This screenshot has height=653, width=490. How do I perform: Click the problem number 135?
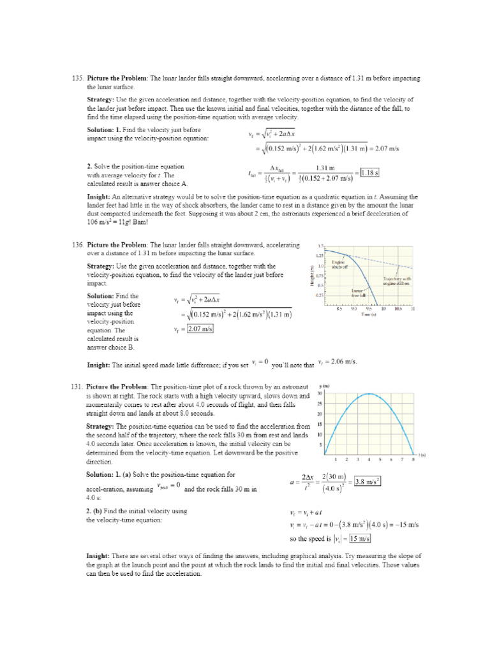coord(78,78)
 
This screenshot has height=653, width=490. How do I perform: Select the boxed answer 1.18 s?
coord(369,172)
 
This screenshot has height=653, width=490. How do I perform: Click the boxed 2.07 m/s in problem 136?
coord(200,329)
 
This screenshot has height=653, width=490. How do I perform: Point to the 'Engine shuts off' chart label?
coord(339,264)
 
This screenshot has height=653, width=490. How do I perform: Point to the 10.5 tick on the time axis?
coord(398,309)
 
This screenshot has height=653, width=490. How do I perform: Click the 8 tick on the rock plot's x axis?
coord(413,459)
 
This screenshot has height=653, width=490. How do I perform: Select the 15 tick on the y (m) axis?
coord(320,424)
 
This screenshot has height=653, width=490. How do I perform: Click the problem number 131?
coord(78,386)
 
